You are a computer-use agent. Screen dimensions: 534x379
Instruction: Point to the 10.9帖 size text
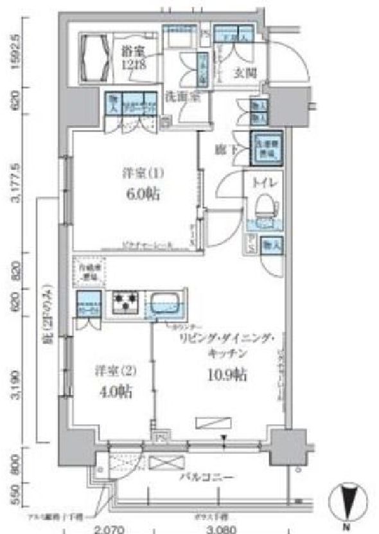[x=228, y=374]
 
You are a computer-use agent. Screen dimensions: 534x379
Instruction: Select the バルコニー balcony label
[x=206, y=477]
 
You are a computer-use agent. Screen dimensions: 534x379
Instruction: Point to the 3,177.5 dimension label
[x=23, y=182]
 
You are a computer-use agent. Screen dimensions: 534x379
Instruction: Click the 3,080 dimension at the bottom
[x=224, y=530]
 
